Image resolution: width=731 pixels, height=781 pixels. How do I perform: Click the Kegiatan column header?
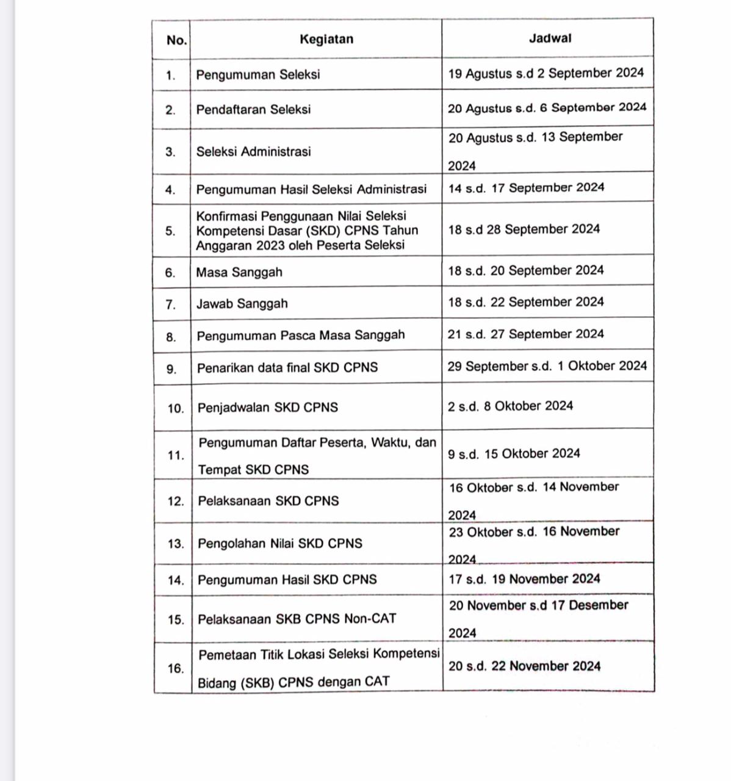click(326, 40)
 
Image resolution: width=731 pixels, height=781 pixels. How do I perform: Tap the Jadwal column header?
click(550, 38)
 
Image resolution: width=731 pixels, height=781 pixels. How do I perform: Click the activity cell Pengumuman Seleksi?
click(258, 75)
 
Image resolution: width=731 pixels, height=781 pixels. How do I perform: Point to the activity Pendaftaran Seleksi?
click(253, 110)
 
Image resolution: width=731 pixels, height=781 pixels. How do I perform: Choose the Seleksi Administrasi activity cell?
click(253, 152)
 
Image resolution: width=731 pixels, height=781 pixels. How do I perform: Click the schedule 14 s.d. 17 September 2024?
click(526, 188)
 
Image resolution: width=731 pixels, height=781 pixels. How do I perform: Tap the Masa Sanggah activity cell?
click(239, 273)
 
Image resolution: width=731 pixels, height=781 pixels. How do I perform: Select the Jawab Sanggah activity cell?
click(242, 304)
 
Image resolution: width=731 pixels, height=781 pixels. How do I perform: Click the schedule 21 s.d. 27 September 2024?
click(526, 334)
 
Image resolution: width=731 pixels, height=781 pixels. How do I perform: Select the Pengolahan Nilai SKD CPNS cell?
click(280, 544)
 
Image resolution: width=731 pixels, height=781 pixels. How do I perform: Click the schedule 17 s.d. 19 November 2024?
click(524, 579)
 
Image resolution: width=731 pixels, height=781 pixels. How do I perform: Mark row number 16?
click(176, 669)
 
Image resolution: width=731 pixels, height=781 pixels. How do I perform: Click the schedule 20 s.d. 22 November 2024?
click(524, 666)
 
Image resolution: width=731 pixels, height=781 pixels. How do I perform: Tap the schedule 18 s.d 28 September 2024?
click(524, 229)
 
